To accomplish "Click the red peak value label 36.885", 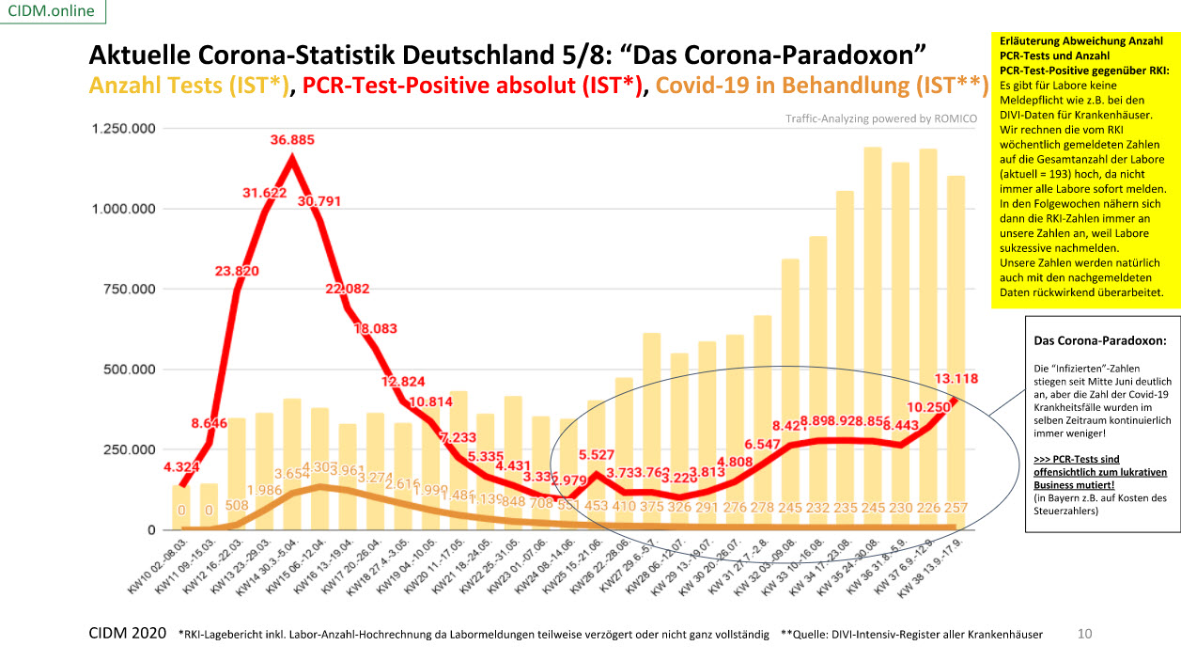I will [292, 140].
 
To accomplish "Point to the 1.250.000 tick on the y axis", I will [124, 129].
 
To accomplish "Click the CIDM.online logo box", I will [53, 11].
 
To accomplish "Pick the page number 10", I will [1085, 634].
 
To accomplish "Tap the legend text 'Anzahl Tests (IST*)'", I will [188, 86].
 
